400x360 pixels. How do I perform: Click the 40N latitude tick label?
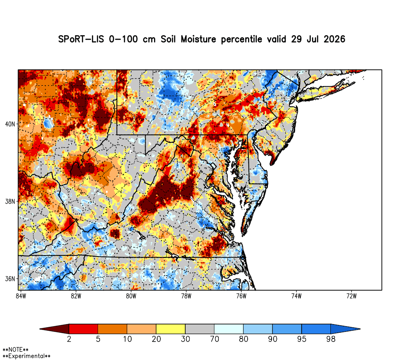[x=10, y=124]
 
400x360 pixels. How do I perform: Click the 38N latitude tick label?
[x=10, y=202]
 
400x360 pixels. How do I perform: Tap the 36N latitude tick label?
[x=10, y=279]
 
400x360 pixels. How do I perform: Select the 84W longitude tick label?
[x=21, y=296]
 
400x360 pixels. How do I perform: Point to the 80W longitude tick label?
[x=131, y=296]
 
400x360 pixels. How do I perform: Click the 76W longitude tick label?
[x=241, y=296]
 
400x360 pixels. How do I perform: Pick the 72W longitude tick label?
[x=352, y=296]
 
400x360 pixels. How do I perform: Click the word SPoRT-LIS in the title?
[x=81, y=39]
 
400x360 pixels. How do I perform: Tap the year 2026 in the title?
[x=334, y=39]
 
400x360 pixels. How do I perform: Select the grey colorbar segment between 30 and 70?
[x=200, y=329]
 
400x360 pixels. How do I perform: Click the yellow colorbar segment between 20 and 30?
[x=171, y=329]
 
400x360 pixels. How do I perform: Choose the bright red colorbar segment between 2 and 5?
[x=84, y=329]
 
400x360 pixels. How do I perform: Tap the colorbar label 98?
[x=331, y=339]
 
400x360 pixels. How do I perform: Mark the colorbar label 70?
[x=214, y=339]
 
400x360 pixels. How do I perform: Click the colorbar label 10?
[x=127, y=339]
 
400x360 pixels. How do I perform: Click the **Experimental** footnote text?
[x=26, y=356]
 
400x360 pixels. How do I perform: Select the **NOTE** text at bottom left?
[x=16, y=350]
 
